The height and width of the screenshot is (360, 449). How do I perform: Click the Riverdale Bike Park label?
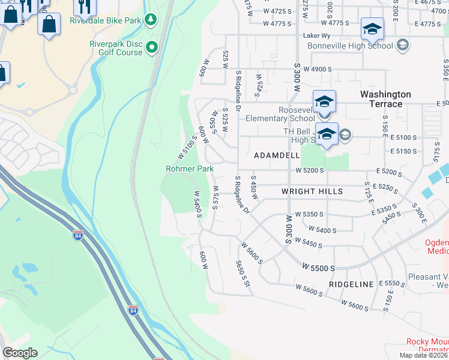[106, 20]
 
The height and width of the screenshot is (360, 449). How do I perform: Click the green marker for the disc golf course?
[153, 46]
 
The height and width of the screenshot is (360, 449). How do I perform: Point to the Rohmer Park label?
[190, 169]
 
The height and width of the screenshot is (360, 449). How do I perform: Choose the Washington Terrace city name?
[385, 99]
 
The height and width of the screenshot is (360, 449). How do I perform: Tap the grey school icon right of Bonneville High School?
[402, 45]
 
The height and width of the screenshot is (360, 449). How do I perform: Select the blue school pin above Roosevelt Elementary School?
[324, 101]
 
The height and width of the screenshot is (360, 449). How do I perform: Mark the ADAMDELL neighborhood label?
[277, 155]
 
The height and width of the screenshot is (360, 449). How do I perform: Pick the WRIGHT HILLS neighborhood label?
[312, 192]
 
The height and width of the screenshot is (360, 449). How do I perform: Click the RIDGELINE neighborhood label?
[351, 284]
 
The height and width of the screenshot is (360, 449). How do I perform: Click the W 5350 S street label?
[309, 214]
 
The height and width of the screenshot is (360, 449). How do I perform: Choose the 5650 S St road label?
[243, 274]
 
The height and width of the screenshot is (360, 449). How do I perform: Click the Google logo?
[20, 353]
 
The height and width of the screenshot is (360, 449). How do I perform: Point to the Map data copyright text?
[423, 355]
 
